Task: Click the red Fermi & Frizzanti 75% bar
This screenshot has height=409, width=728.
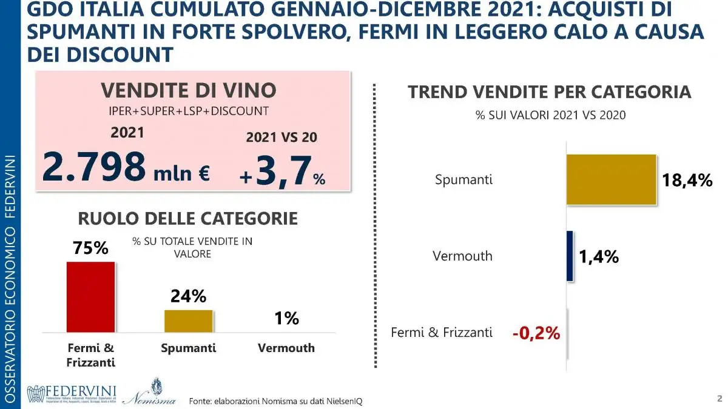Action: (x=90, y=296)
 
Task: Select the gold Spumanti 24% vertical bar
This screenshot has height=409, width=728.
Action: (x=188, y=321)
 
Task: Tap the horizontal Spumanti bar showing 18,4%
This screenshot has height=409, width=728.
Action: (x=611, y=179)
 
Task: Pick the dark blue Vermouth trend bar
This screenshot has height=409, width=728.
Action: (x=570, y=256)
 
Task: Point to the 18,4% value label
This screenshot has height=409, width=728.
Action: (x=687, y=180)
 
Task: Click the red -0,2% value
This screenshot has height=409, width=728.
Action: (x=536, y=333)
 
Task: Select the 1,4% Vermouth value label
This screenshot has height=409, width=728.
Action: (x=598, y=257)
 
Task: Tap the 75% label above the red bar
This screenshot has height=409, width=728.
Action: (x=90, y=248)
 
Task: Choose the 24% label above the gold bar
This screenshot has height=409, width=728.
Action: (x=188, y=296)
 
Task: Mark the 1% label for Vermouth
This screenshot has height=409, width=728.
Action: (x=286, y=318)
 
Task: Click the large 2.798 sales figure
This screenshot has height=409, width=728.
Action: (x=94, y=168)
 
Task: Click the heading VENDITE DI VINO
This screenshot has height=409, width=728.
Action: (x=188, y=90)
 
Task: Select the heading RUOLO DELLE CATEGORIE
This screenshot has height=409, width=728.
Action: (x=187, y=218)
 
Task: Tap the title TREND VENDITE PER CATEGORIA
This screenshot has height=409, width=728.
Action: (x=550, y=92)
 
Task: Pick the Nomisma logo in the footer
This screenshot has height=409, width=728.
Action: (x=149, y=393)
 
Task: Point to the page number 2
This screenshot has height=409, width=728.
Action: (x=718, y=398)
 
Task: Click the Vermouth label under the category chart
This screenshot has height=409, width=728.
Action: (x=286, y=348)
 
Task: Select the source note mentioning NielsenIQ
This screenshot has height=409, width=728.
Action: (x=275, y=401)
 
